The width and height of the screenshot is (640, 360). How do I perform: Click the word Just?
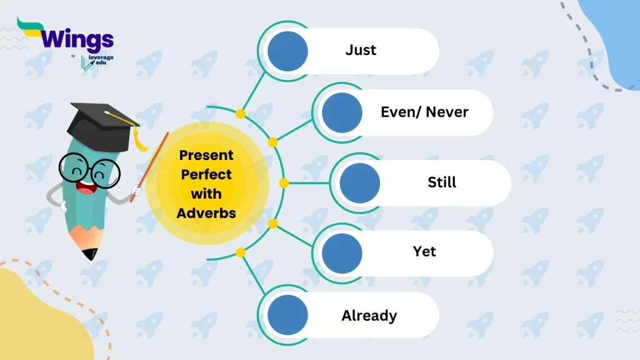click(x=361, y=50)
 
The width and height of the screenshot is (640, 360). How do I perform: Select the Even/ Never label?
click(x=424, y=112)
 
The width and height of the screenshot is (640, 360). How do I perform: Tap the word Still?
click(x=442, y=182)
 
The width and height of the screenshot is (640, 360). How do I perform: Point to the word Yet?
click(x=424, y=251)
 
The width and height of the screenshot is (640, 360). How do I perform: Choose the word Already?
click(x=369, y=316)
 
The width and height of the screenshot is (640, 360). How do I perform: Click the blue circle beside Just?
click(x=287, y=51)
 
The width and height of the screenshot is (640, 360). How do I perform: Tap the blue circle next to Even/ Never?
click(x=342, y=112)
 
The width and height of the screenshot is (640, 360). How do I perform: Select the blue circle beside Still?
click(x=359, y=183)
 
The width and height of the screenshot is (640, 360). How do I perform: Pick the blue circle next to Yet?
click(x=342, y=253)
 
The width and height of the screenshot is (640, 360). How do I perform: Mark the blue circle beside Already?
click(x=287, y=315)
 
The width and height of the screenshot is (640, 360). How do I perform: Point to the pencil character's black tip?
click(x=90, y=254)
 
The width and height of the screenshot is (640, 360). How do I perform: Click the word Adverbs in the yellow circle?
click(x=206, y=213)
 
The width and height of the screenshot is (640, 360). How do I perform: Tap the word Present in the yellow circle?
click(x=206, y=155)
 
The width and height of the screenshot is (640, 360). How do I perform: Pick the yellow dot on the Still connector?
click(x=284, y=183)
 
